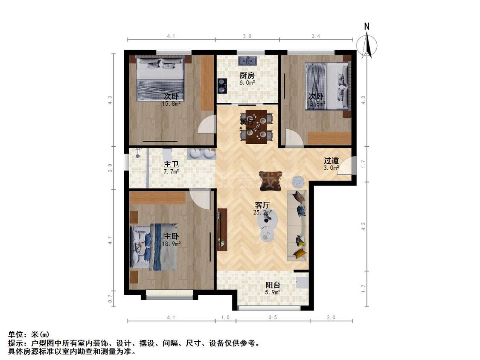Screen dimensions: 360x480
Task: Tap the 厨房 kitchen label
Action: tap(247, 75)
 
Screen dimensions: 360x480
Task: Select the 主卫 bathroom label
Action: tap(171, 164)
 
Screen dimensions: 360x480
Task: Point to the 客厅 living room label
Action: tap(262, 205)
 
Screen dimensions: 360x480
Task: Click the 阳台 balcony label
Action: tap(273, 285)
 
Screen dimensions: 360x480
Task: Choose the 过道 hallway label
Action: tap(331, 161)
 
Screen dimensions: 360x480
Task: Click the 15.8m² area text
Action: tap(171, 103)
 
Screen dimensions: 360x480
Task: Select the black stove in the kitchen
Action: tap(222, 86)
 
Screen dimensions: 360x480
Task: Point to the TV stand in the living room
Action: tap(222, 229)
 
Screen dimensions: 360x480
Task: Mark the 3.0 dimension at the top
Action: tap(247, 36)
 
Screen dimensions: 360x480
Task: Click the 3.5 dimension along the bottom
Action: tap(273, 317)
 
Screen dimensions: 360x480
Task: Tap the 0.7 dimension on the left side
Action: tap(110, 298)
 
